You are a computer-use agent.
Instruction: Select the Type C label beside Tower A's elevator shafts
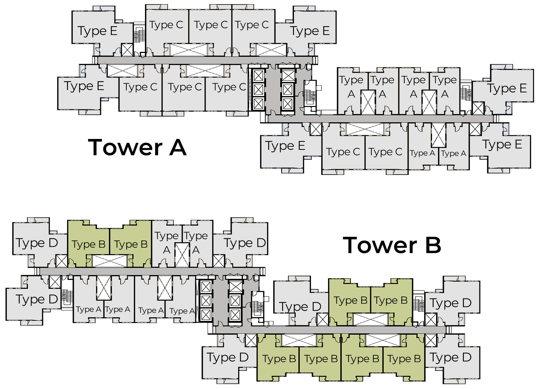(x=229, y=87)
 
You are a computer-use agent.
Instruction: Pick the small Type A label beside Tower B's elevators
(x=182, y=311)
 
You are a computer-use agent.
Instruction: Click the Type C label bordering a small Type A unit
(x=385, y=152)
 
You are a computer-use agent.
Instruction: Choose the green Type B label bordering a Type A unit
(x=130, y=244)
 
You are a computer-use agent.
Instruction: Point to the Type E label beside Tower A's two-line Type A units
(x=507, y=88)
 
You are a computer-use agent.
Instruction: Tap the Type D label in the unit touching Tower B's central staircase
(x=300, y=307)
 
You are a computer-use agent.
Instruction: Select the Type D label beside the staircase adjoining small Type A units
(x=37, y=299)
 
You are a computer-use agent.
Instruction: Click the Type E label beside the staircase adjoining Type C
(x=97, y=31)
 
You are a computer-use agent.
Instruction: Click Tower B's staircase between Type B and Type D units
(x=419, y=304)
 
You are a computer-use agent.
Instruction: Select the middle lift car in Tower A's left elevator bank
(x=258, y=90)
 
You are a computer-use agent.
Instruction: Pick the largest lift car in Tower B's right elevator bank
(x=235, y=287)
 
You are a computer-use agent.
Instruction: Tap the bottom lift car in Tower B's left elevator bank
(x=206, y=315)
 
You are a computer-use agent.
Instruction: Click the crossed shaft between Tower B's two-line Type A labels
(x=182, y=255)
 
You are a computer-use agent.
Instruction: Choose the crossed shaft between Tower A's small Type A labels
(x=438, y=135)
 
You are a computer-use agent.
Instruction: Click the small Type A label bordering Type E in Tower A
(x=453, y=154)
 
